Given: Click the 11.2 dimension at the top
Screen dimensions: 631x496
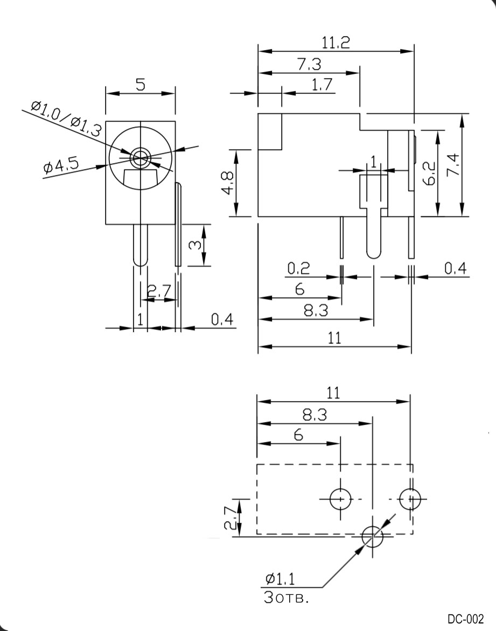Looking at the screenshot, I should coord(336,43).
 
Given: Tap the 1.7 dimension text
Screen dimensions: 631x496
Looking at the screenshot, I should coord(322,85).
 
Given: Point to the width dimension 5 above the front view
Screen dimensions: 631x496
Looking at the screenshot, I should coord(140,84).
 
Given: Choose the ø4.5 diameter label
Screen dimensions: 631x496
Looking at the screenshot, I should coord(60,167).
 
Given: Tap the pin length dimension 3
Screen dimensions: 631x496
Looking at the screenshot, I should coord(196,245).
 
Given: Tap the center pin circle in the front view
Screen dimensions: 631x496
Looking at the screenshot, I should coord(141,157).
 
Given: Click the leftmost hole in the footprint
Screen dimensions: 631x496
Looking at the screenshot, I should coord(340,499).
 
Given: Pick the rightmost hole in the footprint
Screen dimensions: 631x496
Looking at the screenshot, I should coord(409,499).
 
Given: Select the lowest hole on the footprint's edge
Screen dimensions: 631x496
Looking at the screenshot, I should coord(372,536).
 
